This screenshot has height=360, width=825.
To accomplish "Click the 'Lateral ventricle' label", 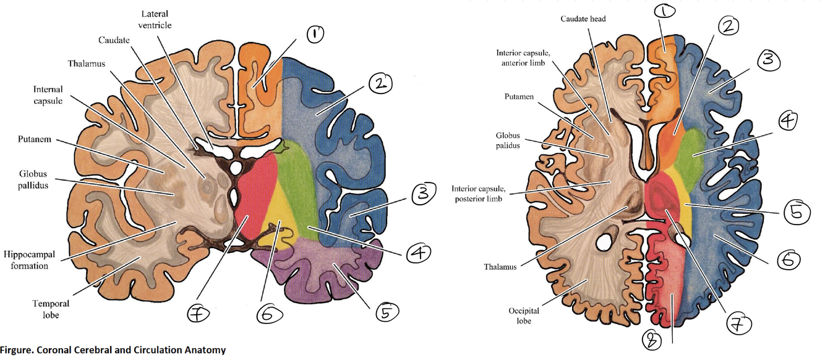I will point(155,19).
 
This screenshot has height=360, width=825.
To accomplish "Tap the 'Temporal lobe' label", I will point(51,309).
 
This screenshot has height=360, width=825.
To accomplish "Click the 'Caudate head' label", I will point(583,19).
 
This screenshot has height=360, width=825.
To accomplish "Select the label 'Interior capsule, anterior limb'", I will point(520,58).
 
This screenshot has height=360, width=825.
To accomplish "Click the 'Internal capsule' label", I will point(48,95).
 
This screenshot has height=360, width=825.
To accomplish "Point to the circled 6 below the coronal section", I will point(270,314).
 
